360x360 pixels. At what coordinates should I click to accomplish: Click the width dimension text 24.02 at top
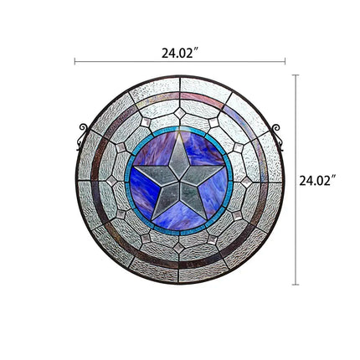click(179, 52)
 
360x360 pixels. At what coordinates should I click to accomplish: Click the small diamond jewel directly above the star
click(179, 112)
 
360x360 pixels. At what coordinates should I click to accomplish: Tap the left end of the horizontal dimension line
click(75, 62)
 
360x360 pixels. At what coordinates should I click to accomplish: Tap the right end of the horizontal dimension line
click(285, 62)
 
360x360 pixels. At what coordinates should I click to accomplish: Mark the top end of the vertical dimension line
click(296, 75)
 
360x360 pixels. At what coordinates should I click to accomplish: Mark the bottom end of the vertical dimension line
click(296, 285)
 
